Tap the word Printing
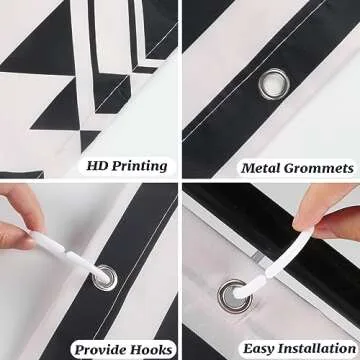click(x=139, y=166)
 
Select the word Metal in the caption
click(x=261, y=168)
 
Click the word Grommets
click(x=319, y=168)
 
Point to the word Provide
click(x=101, y=350)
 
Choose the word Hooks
click(x=152, y=350)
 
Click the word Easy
click(x=259, y=349)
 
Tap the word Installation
click(x=317, y=348)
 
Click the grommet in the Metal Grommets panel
click(x=274, y=84)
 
